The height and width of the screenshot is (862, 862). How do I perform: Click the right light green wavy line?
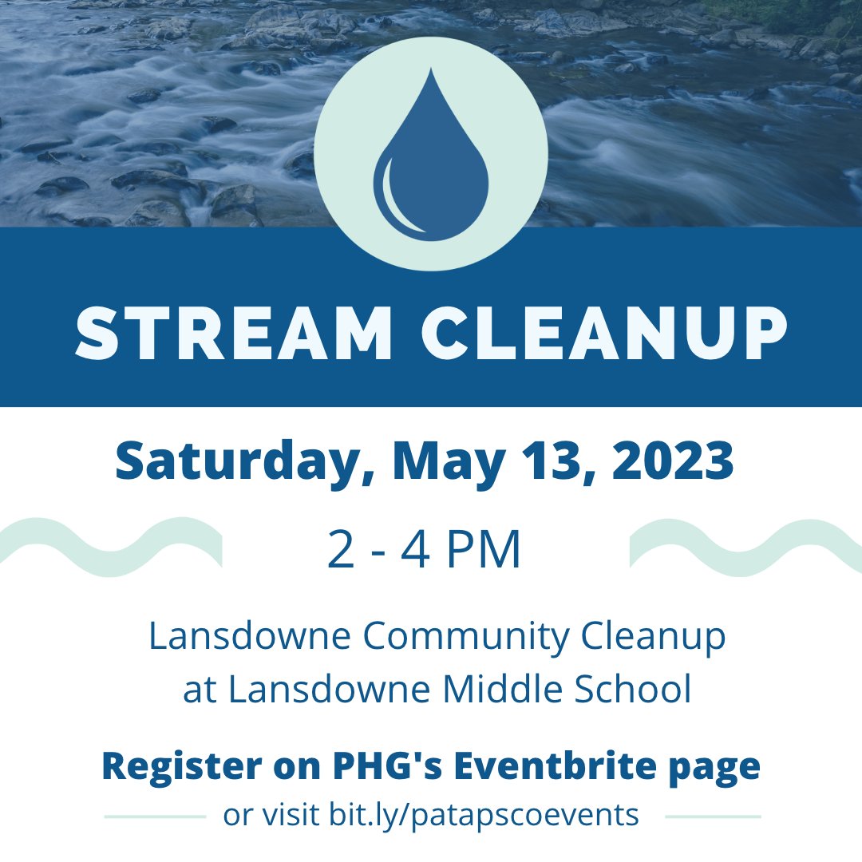click(745, 547)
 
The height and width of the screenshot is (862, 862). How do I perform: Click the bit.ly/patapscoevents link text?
click(483, 816)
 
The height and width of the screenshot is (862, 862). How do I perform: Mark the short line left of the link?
click(155, 817)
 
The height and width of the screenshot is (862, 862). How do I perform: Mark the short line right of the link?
click(713, 817)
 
